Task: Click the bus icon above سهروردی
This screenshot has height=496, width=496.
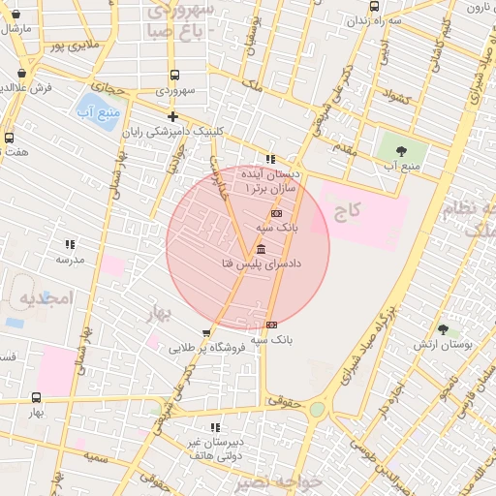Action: tap(174, 75)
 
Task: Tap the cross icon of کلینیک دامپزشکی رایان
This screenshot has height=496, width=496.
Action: tap(172, 116)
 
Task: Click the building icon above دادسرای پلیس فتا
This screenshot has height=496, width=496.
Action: tap(262, 249)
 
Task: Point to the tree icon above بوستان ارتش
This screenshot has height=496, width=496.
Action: tap(443, 329)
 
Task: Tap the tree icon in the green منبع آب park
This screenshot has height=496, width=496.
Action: tap(401, 150)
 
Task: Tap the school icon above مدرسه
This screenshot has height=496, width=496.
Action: tap(69, 244)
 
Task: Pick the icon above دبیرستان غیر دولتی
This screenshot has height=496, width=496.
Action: tap(214, 426)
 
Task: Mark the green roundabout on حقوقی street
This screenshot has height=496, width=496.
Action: tap(317, 410)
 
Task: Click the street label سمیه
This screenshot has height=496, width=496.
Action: tap(94, 454)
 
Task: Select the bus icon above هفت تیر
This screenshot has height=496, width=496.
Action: tap(10, 138)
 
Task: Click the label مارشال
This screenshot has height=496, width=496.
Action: tap(17, 28)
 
